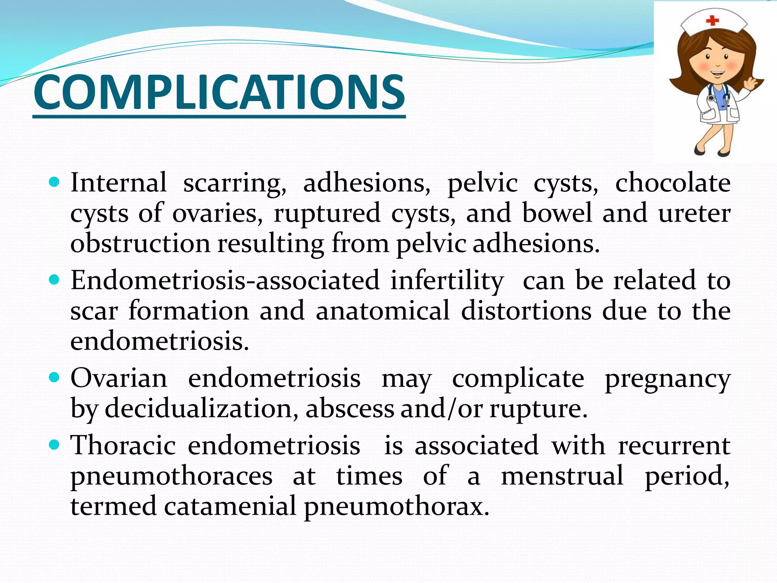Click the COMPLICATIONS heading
click(x=219, y=93)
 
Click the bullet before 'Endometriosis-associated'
click(x=55, y=280)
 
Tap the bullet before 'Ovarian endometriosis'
click(x=55, y=378)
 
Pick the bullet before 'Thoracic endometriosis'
click(x=55, y=444)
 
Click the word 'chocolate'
click(x=672, y=183)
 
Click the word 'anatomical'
click(x=382, y=310)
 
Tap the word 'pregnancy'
click(x=667, y=379)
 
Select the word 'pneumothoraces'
click(x=171, y=476)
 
